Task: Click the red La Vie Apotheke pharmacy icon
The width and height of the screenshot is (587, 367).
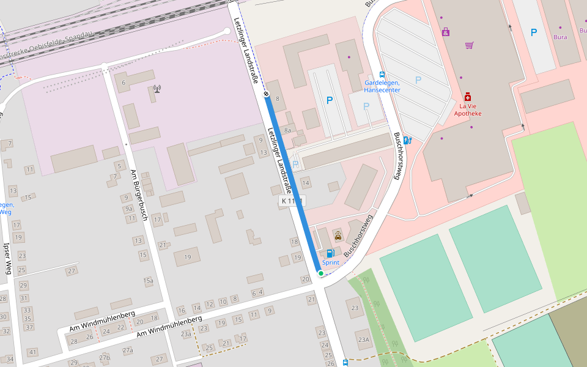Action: tap(468, 97)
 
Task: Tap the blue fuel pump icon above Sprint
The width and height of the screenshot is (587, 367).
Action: tap(330, 253)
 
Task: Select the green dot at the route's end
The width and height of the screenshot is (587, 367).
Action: tap(320, 273)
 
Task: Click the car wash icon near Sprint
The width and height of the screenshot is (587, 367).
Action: tap(338, 235)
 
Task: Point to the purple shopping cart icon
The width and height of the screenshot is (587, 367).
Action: tap(469, 45)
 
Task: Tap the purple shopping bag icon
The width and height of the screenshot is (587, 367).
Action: tap(446, 31)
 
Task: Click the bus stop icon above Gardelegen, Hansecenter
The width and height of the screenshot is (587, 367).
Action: tap(382, 74)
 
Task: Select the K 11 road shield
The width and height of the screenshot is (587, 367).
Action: tap(292, 201)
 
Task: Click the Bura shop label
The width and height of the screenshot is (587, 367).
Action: tap(560, 37)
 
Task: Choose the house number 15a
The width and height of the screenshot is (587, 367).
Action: tap(149, 281)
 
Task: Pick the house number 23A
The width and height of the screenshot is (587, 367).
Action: tap(364, 340)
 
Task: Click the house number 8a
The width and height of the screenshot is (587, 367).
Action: tap(287, 130)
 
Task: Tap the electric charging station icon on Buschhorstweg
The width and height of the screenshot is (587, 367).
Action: tap(407, 140)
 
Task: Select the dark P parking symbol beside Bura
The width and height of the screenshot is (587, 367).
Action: tap(534, 32)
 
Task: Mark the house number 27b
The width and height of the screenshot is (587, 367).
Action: tap(105, 358)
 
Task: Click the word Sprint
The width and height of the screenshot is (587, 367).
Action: tap(331, 262)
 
